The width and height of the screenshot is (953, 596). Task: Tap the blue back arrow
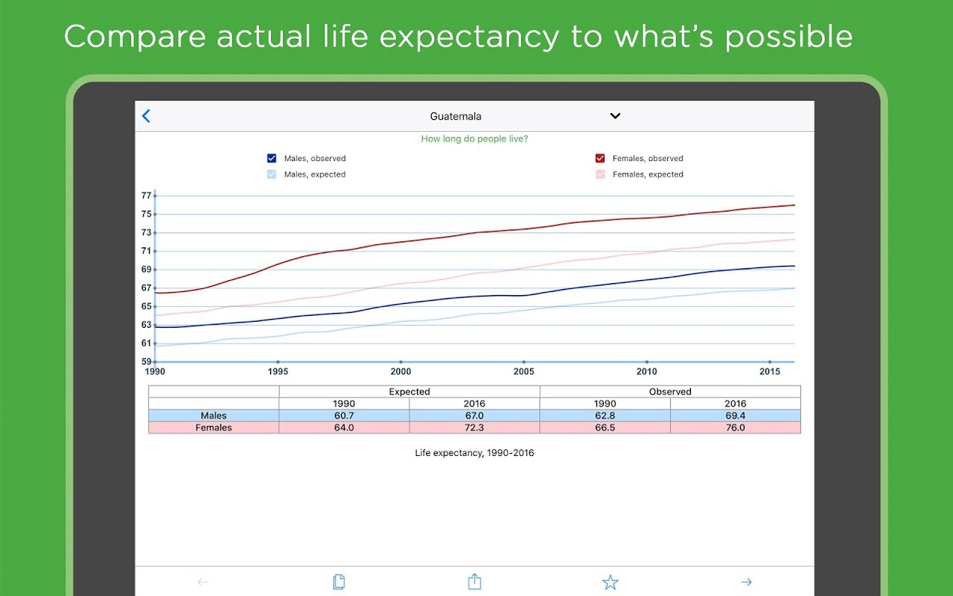click(146, 115)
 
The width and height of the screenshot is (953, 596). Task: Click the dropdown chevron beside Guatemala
click(615, 115)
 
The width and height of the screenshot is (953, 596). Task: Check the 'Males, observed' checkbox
click(272, 158)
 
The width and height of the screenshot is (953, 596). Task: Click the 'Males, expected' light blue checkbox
click(272, 174)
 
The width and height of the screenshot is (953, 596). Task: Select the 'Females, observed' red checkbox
click(600, 158)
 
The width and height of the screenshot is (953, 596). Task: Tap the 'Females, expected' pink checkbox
click(600, 174)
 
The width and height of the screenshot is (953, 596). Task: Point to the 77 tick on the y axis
click(146, 196)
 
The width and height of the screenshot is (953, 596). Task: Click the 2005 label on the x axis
click(523, 371)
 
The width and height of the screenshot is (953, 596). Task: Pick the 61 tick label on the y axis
click(146, 343)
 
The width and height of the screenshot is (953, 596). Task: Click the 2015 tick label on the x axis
click(770, 371)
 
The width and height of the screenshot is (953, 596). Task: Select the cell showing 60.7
click(344, 416)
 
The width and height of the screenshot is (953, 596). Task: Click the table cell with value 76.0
click(735, 428)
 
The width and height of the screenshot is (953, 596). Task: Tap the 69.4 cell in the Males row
click(735, 416)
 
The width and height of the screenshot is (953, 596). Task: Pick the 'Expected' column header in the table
click(409, 391)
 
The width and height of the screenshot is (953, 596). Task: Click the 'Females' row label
click(214, 428)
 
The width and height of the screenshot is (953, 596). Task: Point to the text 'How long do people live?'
click(474, 139)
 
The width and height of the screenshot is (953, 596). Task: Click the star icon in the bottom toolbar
click(611, 583)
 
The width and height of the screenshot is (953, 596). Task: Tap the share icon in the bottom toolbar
click(474, 582)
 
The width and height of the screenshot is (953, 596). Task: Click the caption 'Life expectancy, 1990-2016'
click(474, 453)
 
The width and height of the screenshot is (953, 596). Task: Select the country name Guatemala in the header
click(456, 116)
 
